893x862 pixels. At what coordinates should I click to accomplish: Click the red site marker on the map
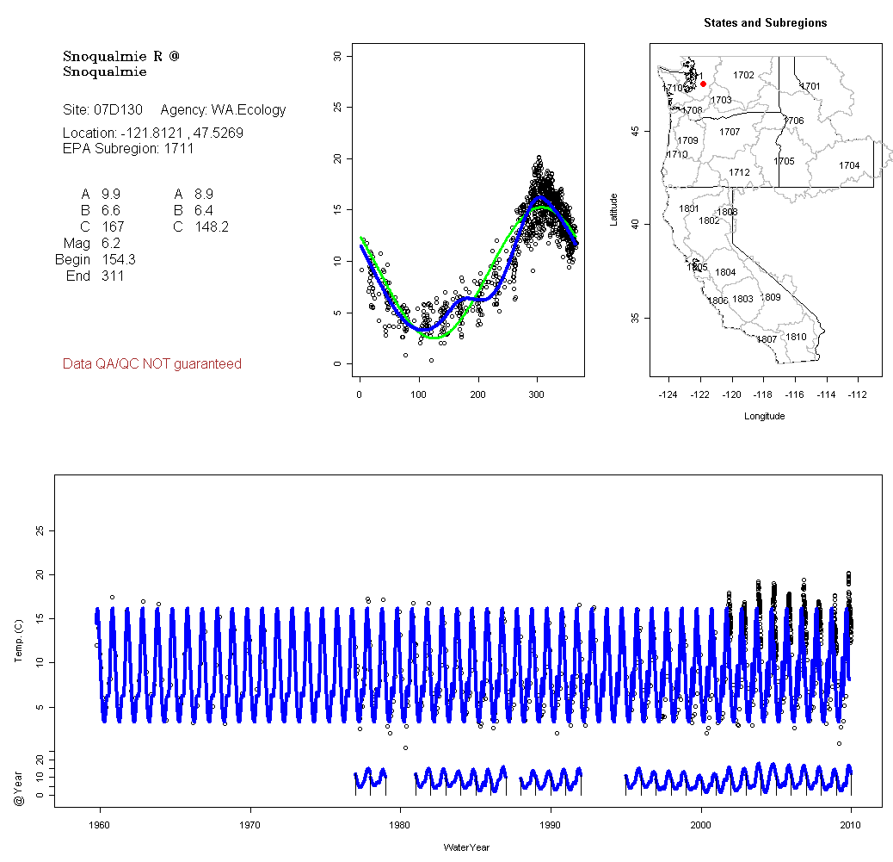pyautogui.click(x=703, y=84)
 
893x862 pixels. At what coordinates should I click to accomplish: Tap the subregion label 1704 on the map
pyautogui.click(x=849, y=165)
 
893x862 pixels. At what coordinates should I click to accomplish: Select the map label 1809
pyautogui.click(x=771, y=297)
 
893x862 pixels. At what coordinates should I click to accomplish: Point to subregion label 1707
pyautogui.click(x=730, y=132)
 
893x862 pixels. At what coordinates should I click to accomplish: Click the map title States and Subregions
pyautogui.click(x=765, y=23)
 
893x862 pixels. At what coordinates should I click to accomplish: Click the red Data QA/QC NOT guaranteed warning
pyautogui.click(x=152, y=364)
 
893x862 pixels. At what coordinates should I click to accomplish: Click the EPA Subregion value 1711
pyautogui.click(x=179, y=148)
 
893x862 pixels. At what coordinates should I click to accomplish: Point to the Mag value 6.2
pyautogui.click(x=111, y=244)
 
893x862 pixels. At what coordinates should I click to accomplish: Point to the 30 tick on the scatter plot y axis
pyautogui.click(x=338, y=56)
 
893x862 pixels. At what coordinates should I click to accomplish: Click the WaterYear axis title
pyautogui.click(x=466, y=847)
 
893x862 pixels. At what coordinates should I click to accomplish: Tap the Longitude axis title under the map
pyautogui.click(x=764, y=416)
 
